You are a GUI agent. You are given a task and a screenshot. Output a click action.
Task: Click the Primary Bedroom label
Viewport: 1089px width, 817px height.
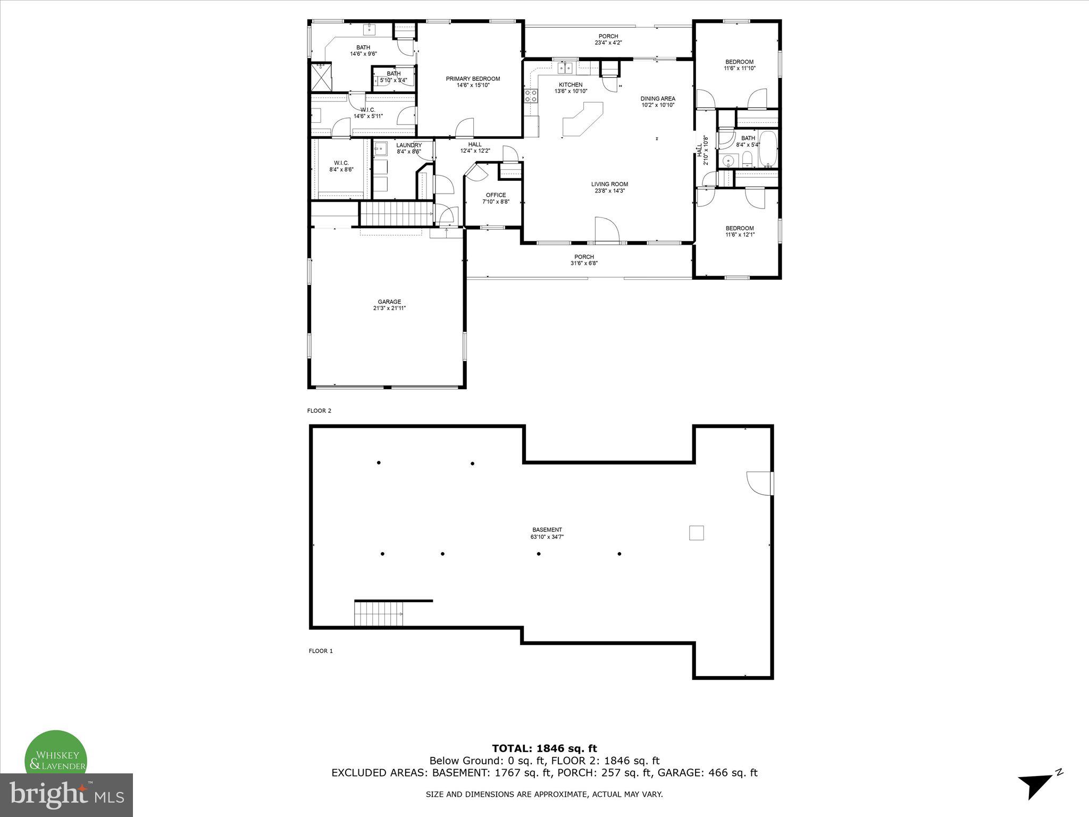[472, 79]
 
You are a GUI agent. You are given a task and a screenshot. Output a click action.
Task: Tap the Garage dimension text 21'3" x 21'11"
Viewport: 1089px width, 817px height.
[389, 308]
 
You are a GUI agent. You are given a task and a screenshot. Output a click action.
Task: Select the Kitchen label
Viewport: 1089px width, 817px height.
[571, 85]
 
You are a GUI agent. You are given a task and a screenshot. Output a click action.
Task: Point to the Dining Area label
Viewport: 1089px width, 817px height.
[658, 98]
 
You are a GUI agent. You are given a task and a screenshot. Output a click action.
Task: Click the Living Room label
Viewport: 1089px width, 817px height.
[609, 184]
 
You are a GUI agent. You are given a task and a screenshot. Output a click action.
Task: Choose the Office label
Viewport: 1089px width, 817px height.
[496, 195]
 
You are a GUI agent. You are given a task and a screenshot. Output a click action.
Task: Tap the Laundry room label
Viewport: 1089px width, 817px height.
[408, 145]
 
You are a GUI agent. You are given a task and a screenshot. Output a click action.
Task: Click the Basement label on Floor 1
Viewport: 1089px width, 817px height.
[547, 530]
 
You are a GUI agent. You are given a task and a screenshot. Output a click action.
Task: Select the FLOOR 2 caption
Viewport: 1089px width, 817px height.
[319, 411]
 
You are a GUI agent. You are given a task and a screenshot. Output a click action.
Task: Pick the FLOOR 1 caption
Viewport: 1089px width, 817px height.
[321, 651]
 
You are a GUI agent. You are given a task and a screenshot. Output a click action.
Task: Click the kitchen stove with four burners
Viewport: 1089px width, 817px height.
[531, 96]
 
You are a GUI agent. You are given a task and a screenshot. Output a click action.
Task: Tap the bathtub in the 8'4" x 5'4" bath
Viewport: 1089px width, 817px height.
[767, 149]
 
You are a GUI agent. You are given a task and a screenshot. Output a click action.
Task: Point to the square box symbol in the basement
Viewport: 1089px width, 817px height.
[696, 532]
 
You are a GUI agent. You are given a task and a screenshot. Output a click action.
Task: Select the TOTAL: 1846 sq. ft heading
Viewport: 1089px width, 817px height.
[544, 748]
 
